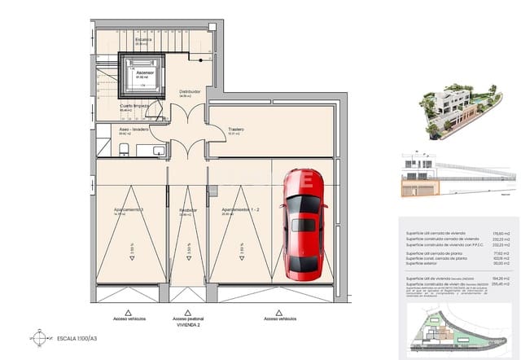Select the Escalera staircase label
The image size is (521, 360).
[143, 39]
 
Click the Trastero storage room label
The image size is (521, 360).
[235, 130]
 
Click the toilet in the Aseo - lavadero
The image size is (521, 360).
[124, 148]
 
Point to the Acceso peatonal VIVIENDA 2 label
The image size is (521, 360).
[189, 322]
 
